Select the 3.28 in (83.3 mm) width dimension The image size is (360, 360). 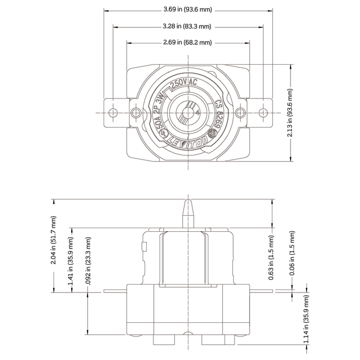[x=187, y=26]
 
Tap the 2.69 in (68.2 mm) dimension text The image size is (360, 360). [x=187, y=42]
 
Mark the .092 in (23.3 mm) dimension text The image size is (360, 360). [x=87, y=260]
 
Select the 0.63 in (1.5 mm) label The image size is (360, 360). [x=271, y=258]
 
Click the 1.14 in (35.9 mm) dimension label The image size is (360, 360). [x=306, y=319]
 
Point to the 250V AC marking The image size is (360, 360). [x=183, y=84]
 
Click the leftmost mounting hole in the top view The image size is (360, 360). [x=113, y=112]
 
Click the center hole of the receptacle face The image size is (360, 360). [x=187, y=113]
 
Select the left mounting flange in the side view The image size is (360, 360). [x=115, y=291]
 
